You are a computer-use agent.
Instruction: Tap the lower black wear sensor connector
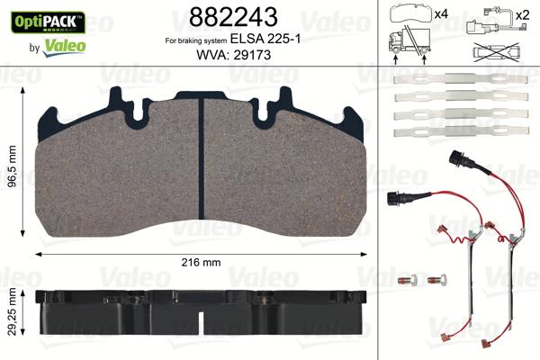click(x=396, y=200)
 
